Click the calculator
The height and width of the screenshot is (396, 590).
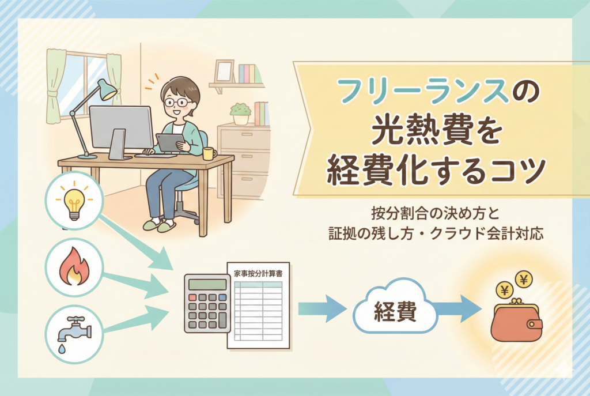tap(206, 303)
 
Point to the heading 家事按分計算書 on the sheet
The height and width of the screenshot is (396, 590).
tap(259, 271)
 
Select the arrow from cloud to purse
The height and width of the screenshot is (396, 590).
tap(458, 312)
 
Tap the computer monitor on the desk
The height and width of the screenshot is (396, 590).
tap(121, 128)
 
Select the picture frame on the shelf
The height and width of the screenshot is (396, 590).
tap(224, 71)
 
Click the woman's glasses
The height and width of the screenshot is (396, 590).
tap(177, 102)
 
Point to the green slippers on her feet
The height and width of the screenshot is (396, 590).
tap(158, 225)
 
